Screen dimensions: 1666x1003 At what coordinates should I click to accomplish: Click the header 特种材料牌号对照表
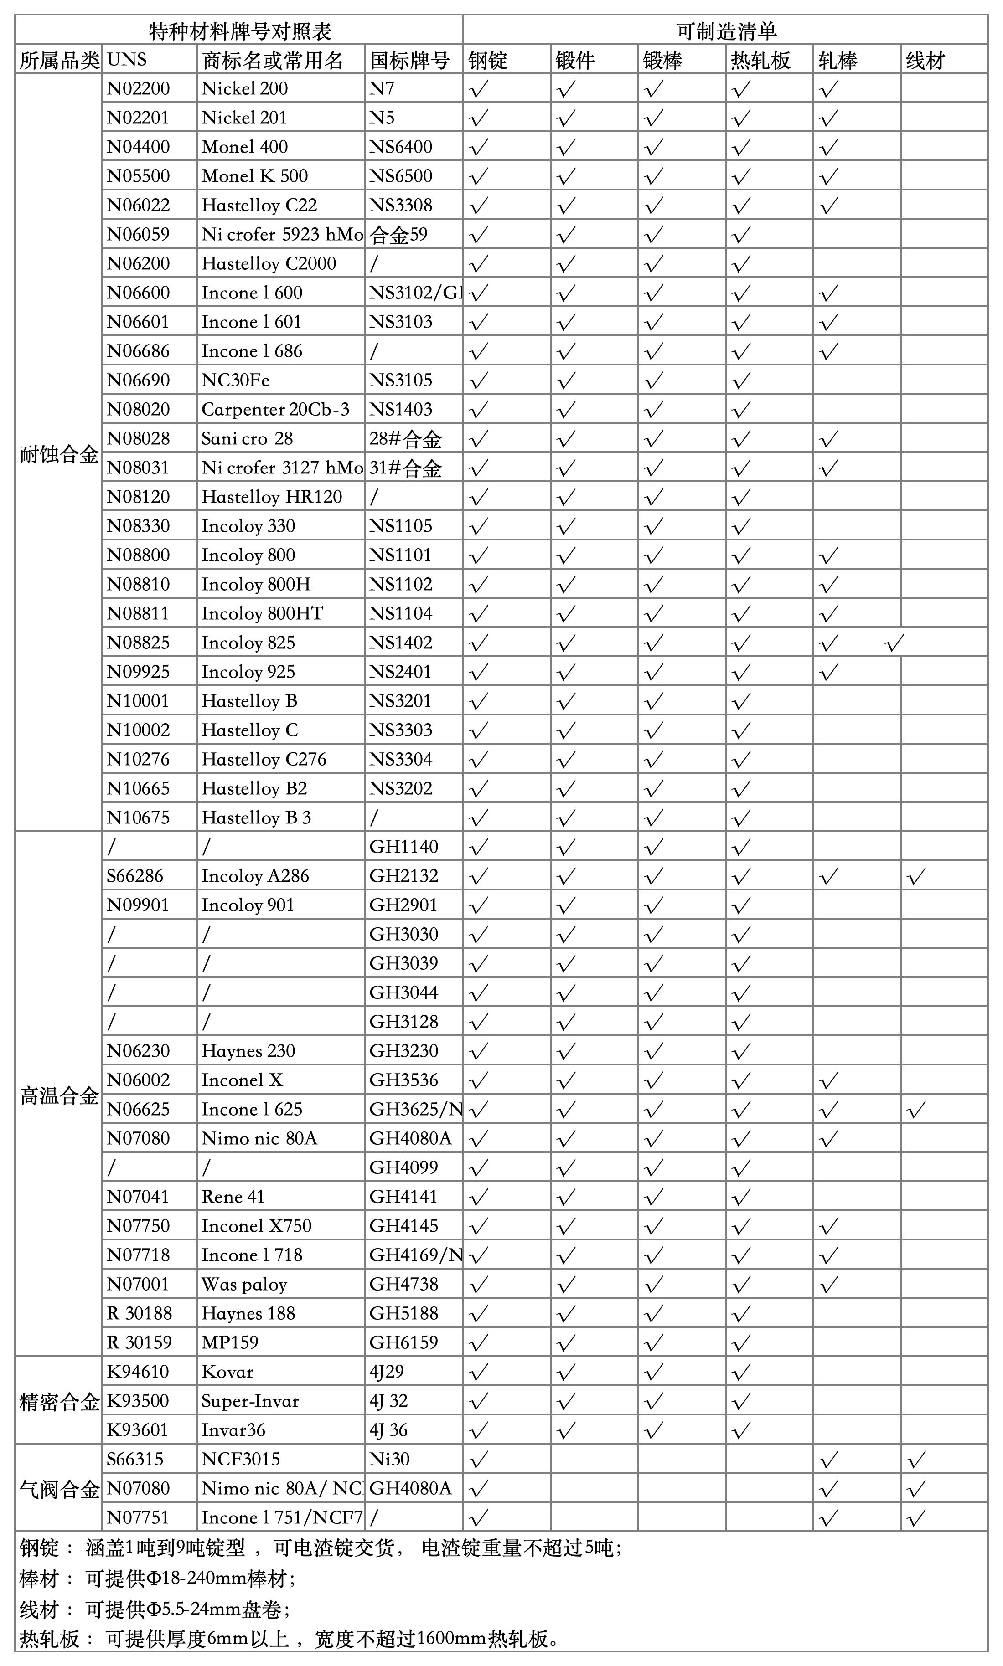[240, 31]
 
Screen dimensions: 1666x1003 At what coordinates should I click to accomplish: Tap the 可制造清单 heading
[726, 31]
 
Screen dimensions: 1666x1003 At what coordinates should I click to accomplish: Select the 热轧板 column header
[760, 61]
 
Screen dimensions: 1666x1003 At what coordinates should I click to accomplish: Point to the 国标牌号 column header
[409, 61]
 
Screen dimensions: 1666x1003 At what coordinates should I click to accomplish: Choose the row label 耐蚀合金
[59, 454]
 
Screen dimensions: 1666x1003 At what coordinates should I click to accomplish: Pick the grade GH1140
[403, 847]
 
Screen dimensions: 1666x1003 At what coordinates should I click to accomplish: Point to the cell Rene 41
[233, 1197]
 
